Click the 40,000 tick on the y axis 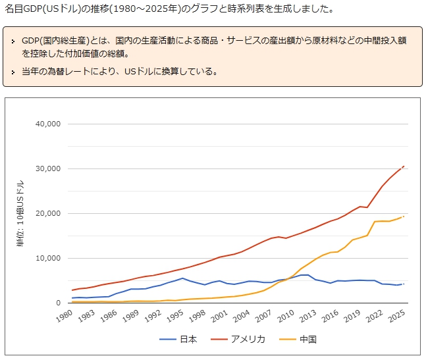click(x=46, y=124)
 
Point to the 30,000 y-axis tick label click(x=46, y=168)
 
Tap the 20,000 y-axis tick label click(x=46, y=213)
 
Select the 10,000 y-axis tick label click(x=46, y=258)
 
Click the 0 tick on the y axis click(x=58, y=303)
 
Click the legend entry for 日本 click(x=178, y=340)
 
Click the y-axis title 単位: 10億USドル click(x=20, y=213)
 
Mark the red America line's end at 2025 click(x=404, y=167)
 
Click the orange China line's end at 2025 click(x=404, y=217)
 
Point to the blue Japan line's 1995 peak click(x=182, y=278)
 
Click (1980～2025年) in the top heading click(x=127, y=10)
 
